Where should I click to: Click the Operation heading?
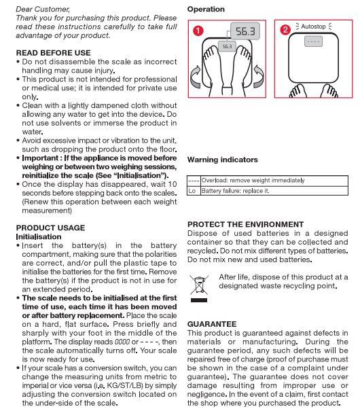tap(206, 10)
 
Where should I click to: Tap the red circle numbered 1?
tap(197, 31)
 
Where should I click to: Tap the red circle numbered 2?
tap(285, 30)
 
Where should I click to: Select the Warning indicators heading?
tap(222, 160)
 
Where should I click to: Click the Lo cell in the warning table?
tap(192, 191)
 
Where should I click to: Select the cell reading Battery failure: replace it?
tap(236, 191)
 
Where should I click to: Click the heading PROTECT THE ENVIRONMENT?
tap(245, 224)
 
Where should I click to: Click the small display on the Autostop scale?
tap(312, 41)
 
